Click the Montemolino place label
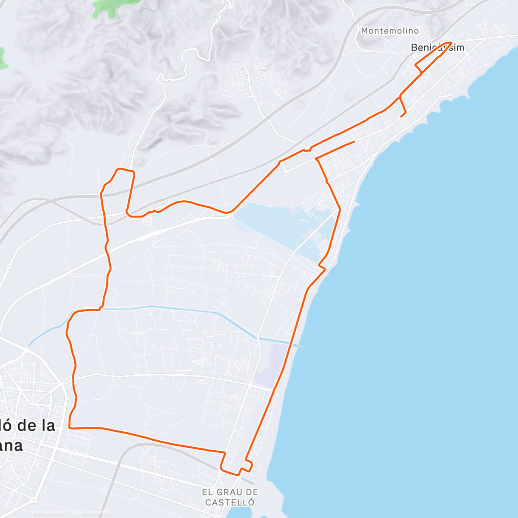pyautogui.click(x=390, y=31)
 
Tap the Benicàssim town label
pyautogui.click(x=437, y=47)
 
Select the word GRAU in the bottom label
pyautogui.click(x=230, y=492)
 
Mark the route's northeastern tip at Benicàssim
pyautogui.click(x=451, y=43)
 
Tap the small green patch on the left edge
pyautogui.click(x=3, y=58)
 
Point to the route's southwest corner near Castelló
pyautogui.click(x=69, y=428)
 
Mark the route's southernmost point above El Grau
pyautogui.click(x=238, y=475)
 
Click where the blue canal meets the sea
pyautogui.click(x=300, y=346)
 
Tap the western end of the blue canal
pyautogui.click(x=29, y=346)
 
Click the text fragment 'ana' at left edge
pyautogui.click(x=10, y=445)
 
